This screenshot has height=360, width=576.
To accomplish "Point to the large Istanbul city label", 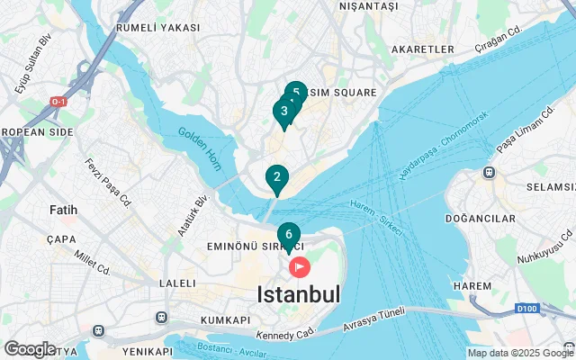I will click(x=299, y=294).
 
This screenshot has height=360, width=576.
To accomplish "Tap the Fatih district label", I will click(x=63, y=210).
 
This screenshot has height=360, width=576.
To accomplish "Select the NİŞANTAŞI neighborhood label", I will click(x=367, y=6).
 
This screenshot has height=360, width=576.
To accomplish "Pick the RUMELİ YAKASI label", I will click(x=157, y=28).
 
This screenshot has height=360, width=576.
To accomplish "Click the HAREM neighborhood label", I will click(x=473, y=285).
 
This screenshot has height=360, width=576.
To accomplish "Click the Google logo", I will click(x=31, y=349).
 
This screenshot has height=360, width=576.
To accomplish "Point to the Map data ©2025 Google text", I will click(x=519, y=353).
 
